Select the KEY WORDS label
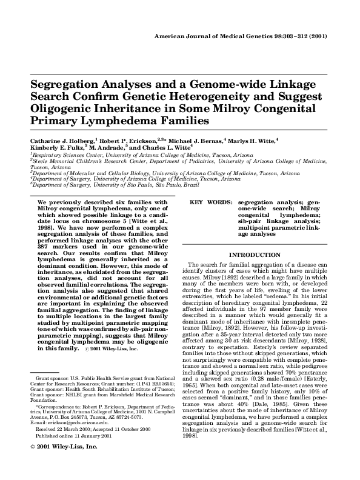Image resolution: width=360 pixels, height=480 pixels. coord(210,202)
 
